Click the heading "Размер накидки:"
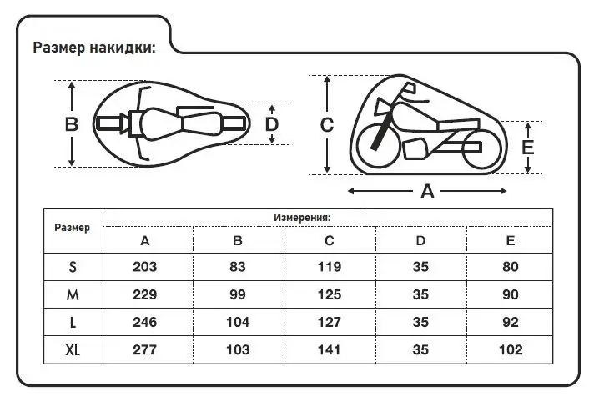coord(94,48)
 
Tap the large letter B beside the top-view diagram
coord(72,124)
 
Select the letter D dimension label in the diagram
coord(272,124)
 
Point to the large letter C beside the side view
coord(327,125)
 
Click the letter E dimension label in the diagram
coord(527,148)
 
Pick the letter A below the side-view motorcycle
coord(427,191)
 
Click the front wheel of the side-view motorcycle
coord(378,146)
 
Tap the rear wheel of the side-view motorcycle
coord(481,149)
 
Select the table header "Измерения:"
coord(302,218)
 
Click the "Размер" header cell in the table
coord(73,228)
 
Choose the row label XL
coord(73,349)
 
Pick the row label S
coord(73,267)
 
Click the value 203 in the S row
coord(145,267)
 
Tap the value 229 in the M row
coord(145,294)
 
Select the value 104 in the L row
coord(238,322)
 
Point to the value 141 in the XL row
coord(329,349)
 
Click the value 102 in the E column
coord(511,349)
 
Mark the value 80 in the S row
coord(511,267)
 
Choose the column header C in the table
coord(329,240)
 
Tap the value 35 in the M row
coord(420,294)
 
